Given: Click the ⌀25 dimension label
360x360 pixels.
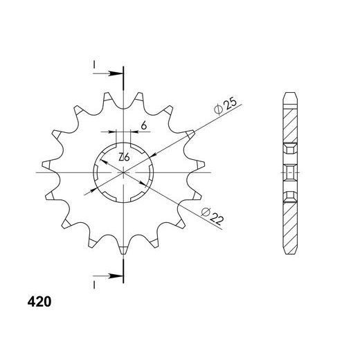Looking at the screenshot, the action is [225, 107].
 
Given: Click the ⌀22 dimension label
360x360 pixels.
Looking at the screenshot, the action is [213, 216].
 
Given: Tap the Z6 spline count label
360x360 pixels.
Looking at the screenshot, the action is [124, 157].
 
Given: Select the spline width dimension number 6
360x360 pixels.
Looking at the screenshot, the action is [144, 126].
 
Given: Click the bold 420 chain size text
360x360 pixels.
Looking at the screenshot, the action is [39, 302].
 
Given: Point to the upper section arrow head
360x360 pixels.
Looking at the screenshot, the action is [116, 73].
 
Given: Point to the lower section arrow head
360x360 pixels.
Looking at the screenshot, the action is [116, 276].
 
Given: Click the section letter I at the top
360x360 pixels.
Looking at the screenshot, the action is [94, 65].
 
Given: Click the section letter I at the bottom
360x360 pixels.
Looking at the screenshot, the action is [94, 285].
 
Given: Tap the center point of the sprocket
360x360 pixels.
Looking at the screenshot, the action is [124, 172].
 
